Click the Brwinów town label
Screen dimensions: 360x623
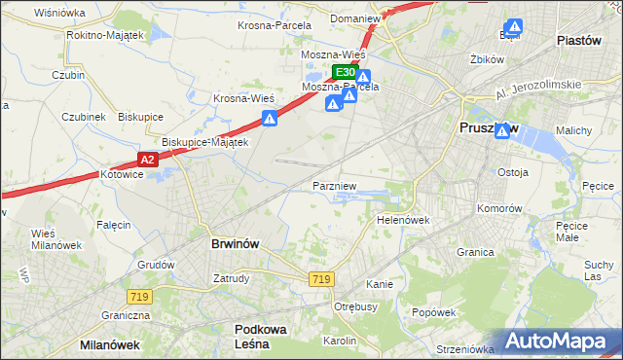(235, 244)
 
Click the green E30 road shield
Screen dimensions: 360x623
(344, 72)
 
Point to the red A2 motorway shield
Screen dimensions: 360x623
(146, 159)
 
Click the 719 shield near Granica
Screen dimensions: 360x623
(321, 279)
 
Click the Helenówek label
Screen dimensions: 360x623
(403, 220)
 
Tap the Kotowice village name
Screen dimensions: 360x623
(122, 174)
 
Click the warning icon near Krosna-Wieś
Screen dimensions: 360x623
(270, 119)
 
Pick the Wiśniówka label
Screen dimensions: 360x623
(59, 13)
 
